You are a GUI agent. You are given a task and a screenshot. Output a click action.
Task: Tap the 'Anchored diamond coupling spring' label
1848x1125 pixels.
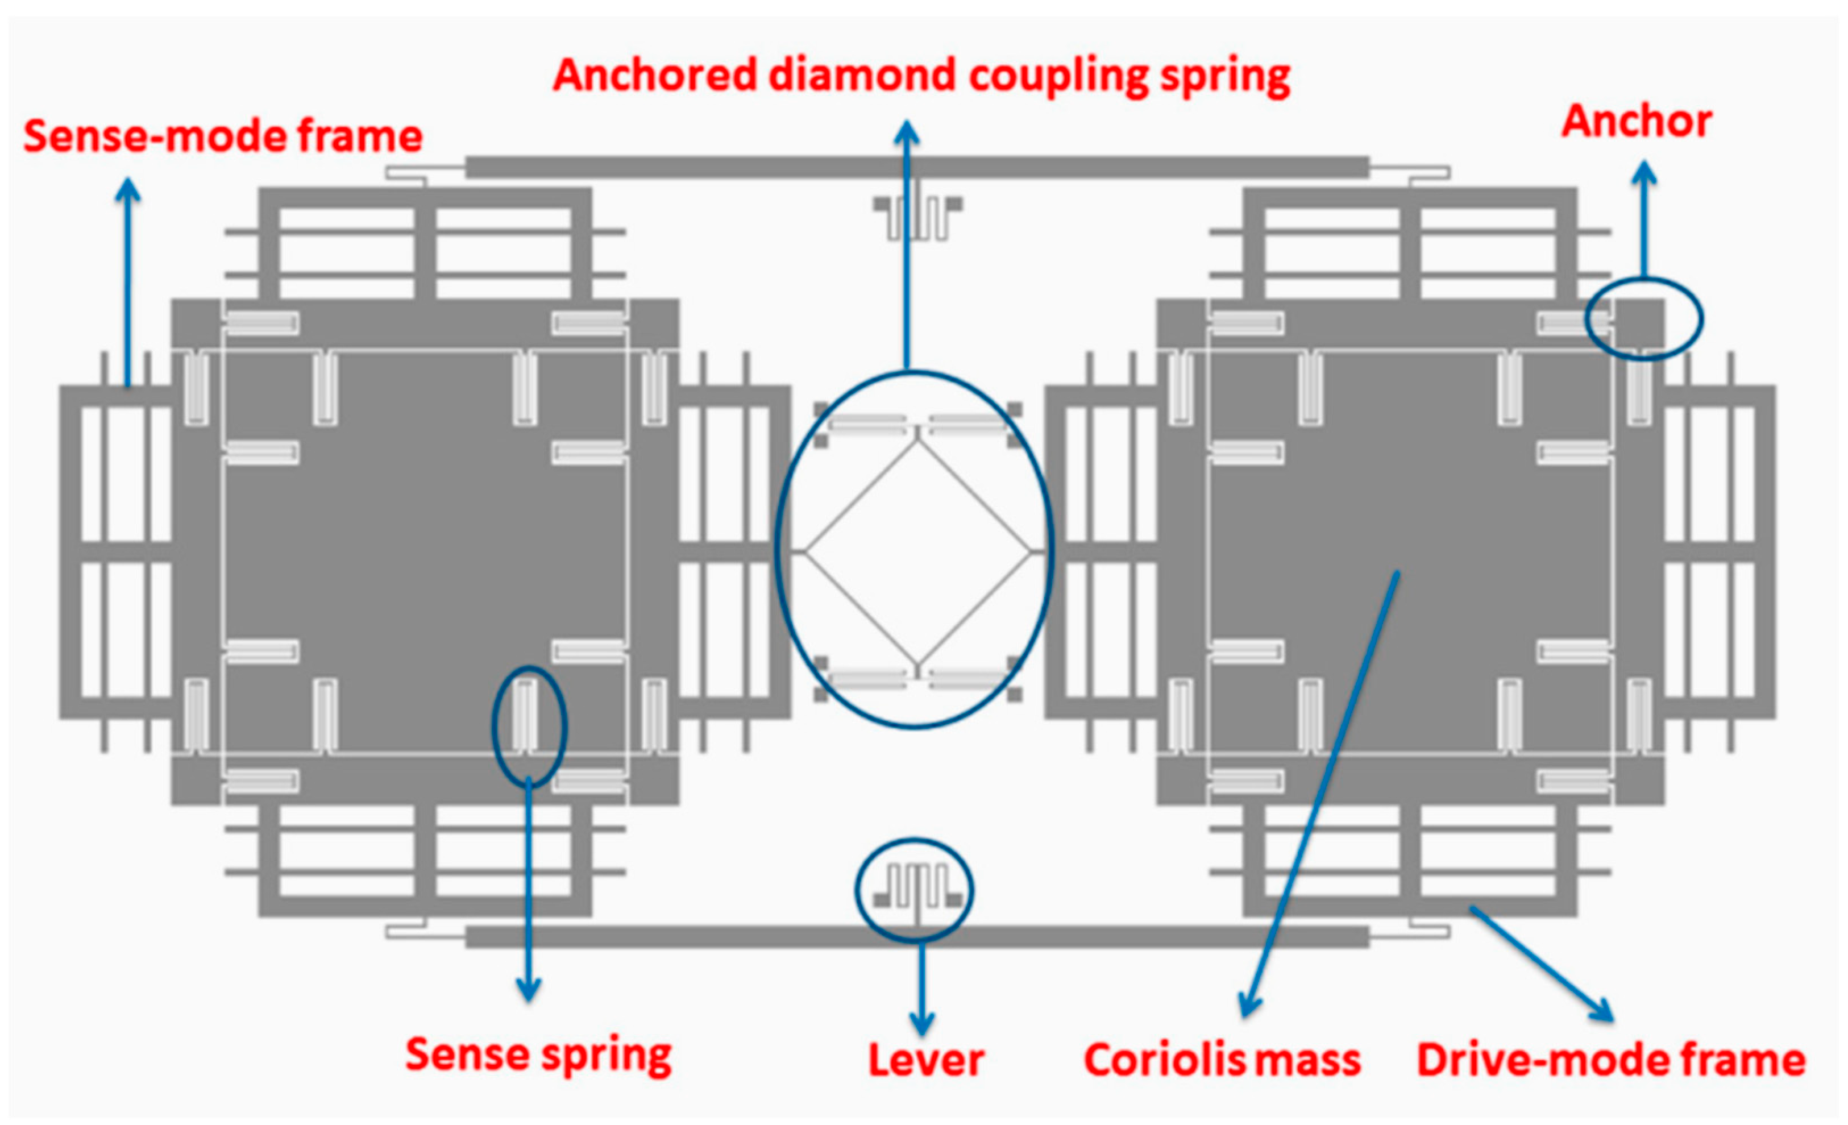coord(921,76)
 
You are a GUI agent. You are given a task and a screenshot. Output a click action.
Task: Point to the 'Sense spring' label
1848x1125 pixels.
coord(538,1055)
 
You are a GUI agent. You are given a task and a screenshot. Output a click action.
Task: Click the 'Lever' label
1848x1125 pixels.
coord(926,1060)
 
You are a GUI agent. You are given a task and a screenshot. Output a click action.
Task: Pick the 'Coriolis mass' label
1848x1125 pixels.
coord(1223,1060)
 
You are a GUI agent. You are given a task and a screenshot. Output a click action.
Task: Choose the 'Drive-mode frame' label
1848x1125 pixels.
coord(1611,1060)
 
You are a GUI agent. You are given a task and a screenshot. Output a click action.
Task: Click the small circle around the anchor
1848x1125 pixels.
coord(1644,319)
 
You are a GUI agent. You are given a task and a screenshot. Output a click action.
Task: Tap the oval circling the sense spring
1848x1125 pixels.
coord(529,726)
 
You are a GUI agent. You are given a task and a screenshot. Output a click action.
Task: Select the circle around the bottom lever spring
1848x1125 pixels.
coord(914,890)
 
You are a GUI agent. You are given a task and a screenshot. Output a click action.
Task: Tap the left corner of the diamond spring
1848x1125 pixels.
coord(805,552)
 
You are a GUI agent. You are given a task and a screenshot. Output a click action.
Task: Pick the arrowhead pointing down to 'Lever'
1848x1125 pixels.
coord(922,1023)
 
